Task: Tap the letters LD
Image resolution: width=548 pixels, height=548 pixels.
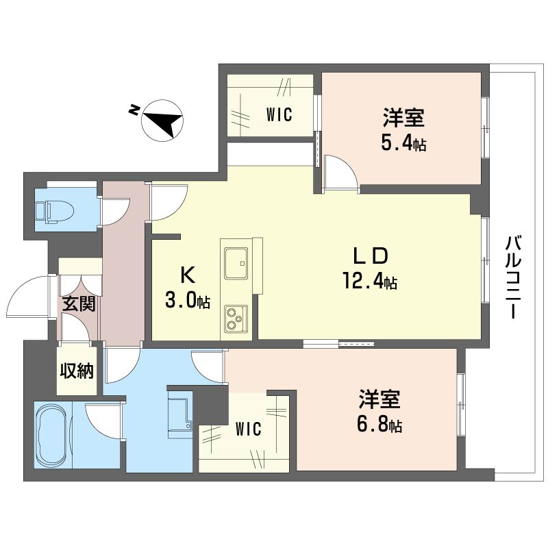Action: pyautogui.click(x=371, y=256)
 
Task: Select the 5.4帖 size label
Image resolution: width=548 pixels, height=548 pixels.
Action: pyautogui.click(x=403, y=145)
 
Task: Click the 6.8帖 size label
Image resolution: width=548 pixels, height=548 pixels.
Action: pyautogui.click(x=378, y=425)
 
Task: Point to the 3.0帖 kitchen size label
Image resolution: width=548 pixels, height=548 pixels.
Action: pyautogui.click(x=187, y=300)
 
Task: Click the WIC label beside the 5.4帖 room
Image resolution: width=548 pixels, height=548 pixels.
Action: pyautogui.click(x=279, y=115)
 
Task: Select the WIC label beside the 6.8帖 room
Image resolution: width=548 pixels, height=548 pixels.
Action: pyautogui.click(x=248, y=429)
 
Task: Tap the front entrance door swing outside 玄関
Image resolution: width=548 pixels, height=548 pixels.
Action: pyautogui.click(x=29, y=297)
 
